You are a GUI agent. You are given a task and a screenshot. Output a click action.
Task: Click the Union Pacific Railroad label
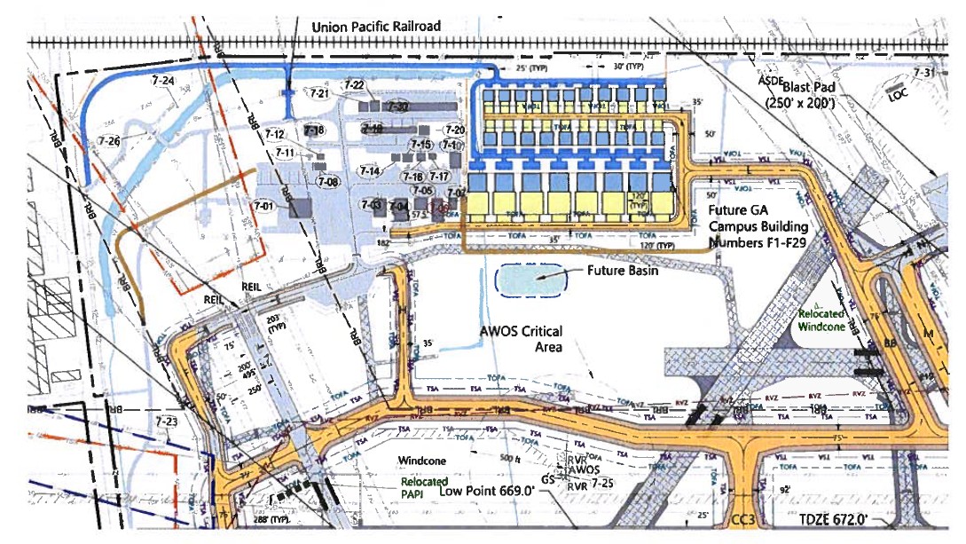point(375,27)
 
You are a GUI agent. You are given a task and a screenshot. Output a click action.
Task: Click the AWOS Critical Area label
point(522,339)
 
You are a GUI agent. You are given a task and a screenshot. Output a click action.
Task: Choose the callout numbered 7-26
point(108,140)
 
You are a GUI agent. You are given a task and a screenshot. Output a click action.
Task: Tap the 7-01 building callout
point(264,206)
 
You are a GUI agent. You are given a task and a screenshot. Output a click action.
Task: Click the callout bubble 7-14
point(369,170)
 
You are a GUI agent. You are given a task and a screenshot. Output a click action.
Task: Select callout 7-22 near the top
point(354,85)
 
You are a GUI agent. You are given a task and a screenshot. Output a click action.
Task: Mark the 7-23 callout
point(166,422)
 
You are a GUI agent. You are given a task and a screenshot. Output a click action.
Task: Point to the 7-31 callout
point(923,73)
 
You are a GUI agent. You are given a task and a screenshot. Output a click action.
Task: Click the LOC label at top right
point(899,99)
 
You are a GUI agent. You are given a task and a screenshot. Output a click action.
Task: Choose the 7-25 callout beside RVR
point(602,484)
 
